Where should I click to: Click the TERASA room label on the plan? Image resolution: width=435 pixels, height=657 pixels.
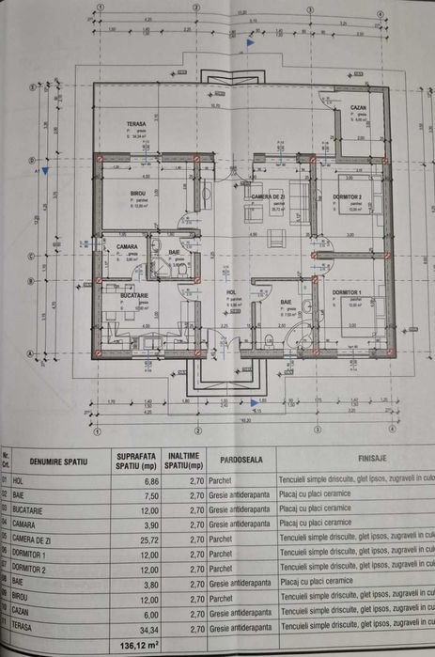click(137, 124)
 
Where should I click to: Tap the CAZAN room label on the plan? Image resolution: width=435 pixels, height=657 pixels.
click(358, 108)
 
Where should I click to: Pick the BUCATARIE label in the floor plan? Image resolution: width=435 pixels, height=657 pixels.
click(133, 294)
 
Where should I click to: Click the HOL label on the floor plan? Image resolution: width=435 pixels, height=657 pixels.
click(231, 293)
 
